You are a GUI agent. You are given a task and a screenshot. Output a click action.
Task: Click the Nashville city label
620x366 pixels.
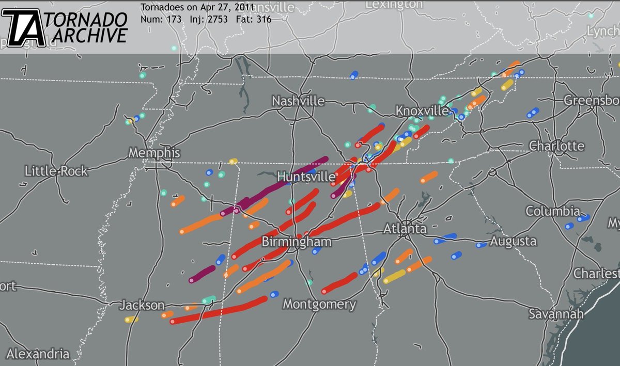point(298,101)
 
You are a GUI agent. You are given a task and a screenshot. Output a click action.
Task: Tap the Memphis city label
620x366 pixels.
point(154,153)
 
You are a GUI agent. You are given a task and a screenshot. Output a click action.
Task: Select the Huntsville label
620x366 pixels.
point(306,177)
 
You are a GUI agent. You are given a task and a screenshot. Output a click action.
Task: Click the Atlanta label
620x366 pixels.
point(405,229)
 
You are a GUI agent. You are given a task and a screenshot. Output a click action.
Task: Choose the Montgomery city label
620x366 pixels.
point(319,305)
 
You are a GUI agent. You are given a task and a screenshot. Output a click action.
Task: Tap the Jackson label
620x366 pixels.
point(142,306)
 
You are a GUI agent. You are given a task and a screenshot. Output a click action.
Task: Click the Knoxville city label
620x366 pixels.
point(422,111)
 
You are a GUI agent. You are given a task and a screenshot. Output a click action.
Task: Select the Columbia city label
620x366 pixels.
point(553,211)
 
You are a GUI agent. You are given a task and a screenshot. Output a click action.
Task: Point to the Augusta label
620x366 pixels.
point(513,241)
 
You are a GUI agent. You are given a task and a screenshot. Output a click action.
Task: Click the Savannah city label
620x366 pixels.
point(556,314)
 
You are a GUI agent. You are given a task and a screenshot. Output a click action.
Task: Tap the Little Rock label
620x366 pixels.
point(56,171)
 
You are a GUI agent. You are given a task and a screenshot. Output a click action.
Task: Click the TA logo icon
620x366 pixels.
point(24,28)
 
